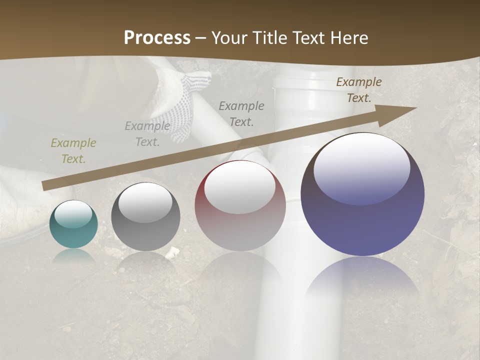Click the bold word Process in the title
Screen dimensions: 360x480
point(157,38)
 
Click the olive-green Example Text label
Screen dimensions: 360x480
point(73,151)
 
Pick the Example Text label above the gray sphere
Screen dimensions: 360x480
point(147,134)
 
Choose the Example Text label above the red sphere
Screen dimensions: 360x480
point(241,113)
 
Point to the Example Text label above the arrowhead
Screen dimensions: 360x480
point(359,90)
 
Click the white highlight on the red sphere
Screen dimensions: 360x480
point(240,186)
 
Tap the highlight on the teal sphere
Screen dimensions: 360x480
point(73,214)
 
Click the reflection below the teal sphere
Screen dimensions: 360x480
point(73,256)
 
